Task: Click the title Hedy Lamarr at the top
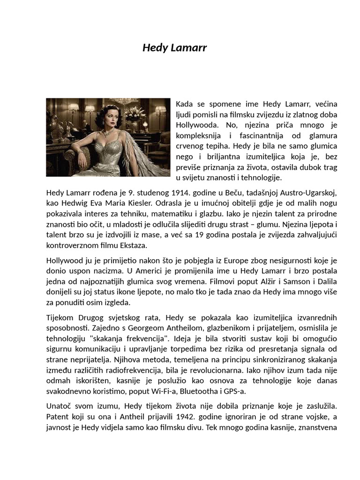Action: [174, 48]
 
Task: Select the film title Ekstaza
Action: [147, 246]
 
